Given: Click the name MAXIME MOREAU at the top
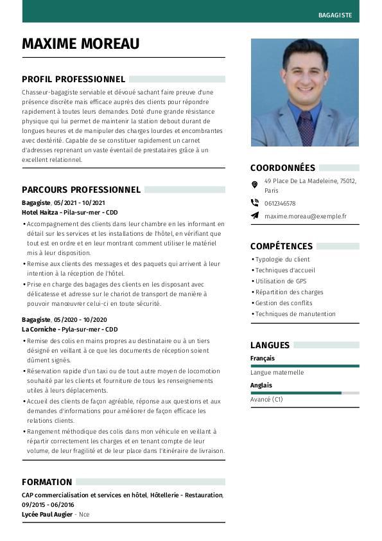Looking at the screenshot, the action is point(80,44).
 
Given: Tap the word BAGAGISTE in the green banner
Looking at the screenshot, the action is point(334,15).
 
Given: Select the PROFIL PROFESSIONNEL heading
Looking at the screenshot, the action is point(73,79).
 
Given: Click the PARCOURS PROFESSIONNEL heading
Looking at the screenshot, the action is point(81,190).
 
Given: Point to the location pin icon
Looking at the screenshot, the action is point(255,184).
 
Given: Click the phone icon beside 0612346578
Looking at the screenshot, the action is point(255,203).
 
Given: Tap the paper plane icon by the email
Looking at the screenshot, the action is point(255,216).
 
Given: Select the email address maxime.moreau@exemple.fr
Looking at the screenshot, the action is point(305,217).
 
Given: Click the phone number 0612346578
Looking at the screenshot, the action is point(280,204).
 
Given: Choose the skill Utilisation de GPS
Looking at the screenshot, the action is point(281,281).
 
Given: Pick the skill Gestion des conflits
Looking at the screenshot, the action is point(283,303).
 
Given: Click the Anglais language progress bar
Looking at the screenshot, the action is point(304,393).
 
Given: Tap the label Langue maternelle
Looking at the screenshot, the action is point(277,373).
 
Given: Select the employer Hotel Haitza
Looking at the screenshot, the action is point(39,213).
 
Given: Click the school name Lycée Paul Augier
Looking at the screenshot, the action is point(47,515).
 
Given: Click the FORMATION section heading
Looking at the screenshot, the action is point(47,482).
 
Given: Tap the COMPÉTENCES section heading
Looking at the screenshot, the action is point(281,246).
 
